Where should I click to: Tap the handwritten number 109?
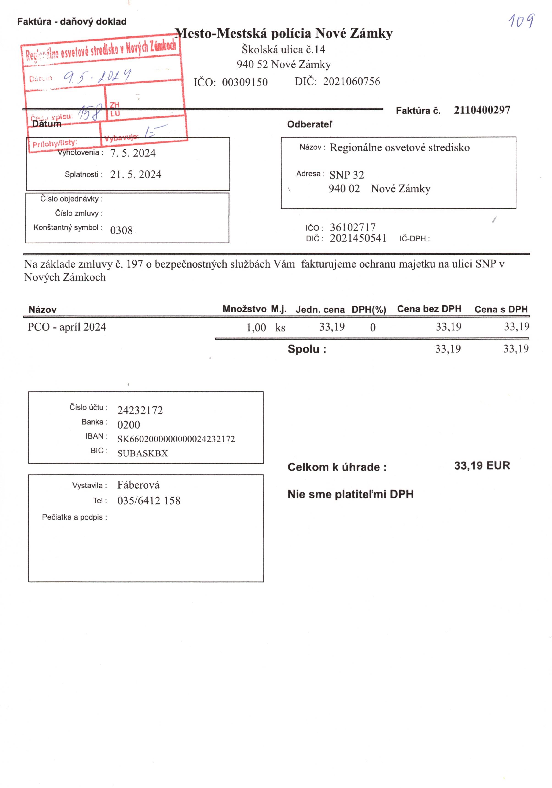(x=521, y=21)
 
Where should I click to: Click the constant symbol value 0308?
(x=121, y=230)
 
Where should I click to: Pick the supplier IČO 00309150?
(x=245, y=82)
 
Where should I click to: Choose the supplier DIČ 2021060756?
(x=351, y=82)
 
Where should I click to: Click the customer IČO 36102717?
(x=352, y=227)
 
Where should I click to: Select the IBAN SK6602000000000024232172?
(x=176, y=439)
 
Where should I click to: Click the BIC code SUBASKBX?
(x=142, y=453)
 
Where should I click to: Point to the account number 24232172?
(x=140, y=410)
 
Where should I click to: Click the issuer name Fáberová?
(x=138, y=485)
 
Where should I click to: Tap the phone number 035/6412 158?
(x=148, y=501)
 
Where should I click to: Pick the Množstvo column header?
(x=244, y=309)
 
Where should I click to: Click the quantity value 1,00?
(x=256, y=327)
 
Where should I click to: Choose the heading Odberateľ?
(x=309, y=124)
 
